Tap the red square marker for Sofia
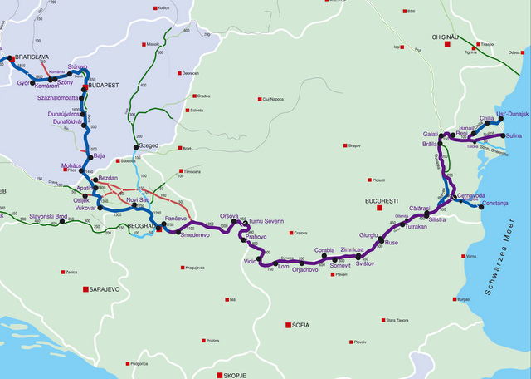pyautogui.click(x=288, y=325)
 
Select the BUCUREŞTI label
pyautogui.click(x=382, y=201)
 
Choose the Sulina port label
pyautogui.click(x=514, y=135)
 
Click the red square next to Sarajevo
pyautogui.click(x=81, y=289)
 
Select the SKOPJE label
pyautogui.click(x=237, y=375)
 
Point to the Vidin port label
pyautogui.click(x=250, y=262)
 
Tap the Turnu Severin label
pyautogui.click(x=266, y=221)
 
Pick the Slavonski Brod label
pyautogui.click(x=48, y=216)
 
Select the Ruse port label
pyautogui.click(x=392, y=244)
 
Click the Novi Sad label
pyautogui.click(x=138, y=200)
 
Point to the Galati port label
pyautogui.click(x=431, y=134)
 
